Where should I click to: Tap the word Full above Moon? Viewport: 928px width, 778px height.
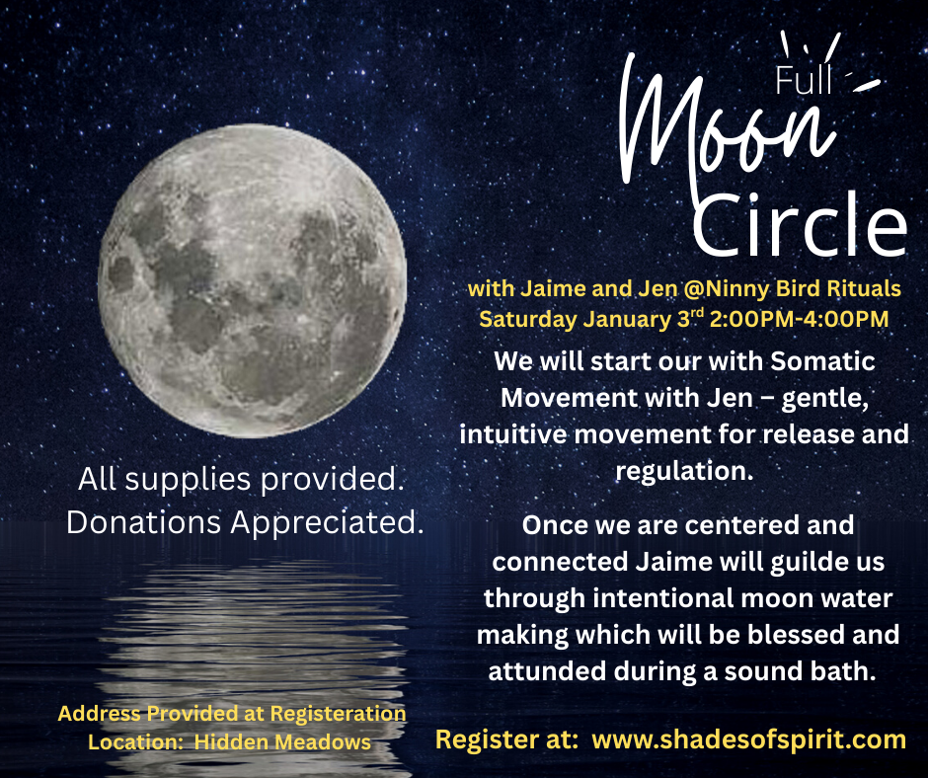click(x=805, y=80)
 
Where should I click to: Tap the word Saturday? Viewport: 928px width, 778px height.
click(x=527, y=320)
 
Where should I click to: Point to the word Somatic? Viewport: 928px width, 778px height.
click(x=822, y=360)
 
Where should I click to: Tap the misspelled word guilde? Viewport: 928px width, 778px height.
click(x=800, y=562)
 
